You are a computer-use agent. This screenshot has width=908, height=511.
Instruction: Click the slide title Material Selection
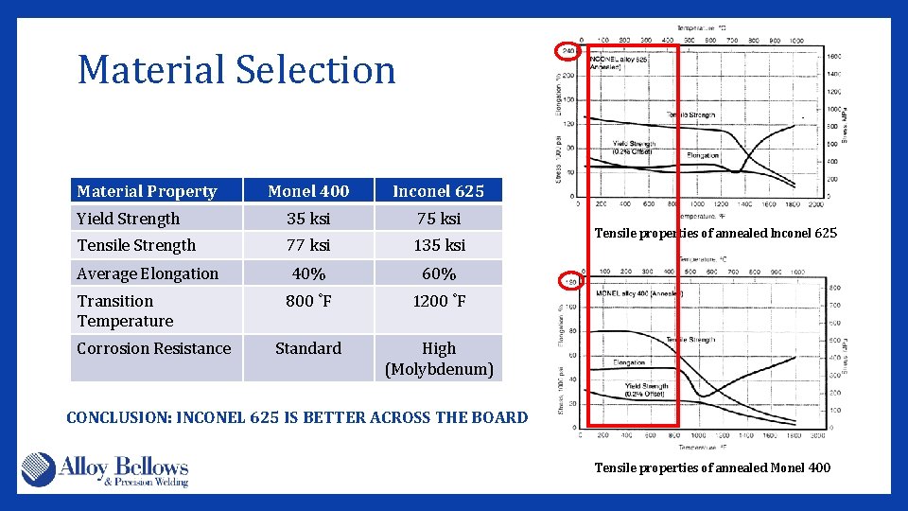tap(236, 70)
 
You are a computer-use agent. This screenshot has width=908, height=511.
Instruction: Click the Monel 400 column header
tap(308, 191)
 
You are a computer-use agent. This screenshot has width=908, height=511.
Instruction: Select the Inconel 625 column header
tap(438, 191)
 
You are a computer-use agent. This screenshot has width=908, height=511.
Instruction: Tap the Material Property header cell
tap(147, 191)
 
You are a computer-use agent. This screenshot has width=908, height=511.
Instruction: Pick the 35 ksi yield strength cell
tap(308, 219)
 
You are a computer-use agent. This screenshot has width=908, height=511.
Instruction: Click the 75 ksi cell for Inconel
tap(438, 219)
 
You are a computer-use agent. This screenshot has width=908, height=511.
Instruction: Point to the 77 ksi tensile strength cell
tap(308, 245)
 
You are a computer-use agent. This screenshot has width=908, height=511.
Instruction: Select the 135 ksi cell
tap(438, 245)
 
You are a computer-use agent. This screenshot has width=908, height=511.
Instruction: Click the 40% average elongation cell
tap(308, 273)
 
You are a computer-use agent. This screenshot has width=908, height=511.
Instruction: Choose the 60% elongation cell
tap(438, 273)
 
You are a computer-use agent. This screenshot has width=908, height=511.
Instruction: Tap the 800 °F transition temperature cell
tap(308, 301)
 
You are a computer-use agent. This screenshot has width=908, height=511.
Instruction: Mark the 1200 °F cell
tap(438, 301)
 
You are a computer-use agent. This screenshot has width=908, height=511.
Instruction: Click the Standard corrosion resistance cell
tap(308, 348)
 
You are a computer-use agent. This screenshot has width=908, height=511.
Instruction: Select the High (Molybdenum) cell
tap(438, 359)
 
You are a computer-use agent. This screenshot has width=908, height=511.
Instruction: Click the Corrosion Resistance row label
tap(154, 348)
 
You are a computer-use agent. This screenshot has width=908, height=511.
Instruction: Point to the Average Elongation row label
tap(148, 273)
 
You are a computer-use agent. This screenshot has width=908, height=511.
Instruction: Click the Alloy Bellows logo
tap(105, 470)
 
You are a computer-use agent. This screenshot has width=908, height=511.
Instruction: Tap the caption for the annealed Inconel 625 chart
tap(715, 234)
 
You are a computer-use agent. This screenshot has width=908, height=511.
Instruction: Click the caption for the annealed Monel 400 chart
tap(712, 467)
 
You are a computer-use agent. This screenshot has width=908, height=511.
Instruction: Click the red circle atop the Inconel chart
tap(568, 50)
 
